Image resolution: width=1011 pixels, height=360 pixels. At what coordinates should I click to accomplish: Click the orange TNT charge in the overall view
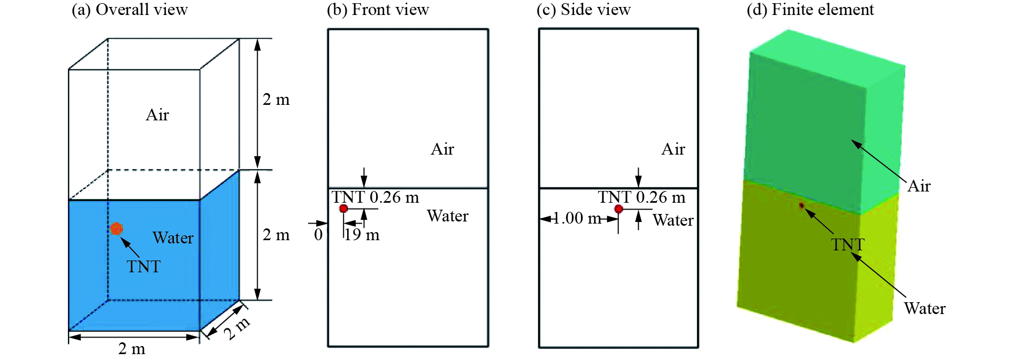pyautogui.click(x=117, y=229)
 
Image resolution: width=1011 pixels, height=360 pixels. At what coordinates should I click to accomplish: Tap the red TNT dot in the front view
pyautogui.click(x=343, y=209)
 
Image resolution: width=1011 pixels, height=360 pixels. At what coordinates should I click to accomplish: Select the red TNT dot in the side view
pyautogui.click(x=618, y=209)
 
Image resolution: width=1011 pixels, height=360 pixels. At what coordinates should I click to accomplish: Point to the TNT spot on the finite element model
pyautogui.click(x=801, y=205)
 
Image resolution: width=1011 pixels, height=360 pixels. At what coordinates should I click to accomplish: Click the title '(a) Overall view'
pyautogui.click(x=129, y=10)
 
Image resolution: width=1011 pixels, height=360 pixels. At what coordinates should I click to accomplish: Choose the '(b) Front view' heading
pyautogui.click(x=378, y=10)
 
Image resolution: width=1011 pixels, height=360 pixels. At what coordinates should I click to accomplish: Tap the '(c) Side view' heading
pyautogui.click(x=583, y=10)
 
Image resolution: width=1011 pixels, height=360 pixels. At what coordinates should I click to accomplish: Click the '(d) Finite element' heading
pyautogui.click(x=810, y=10)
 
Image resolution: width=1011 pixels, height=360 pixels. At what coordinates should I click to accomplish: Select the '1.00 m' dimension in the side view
pyautogui.click(x=577, y=218)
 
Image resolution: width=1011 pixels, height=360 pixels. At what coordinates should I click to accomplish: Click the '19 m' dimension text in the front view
pyautogui.click(x=362, y=235)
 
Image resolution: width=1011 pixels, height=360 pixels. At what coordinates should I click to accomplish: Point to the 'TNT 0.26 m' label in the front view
pyautogui.click(x=375, y=197)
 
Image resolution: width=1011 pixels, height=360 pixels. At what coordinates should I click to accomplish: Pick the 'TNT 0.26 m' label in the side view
pyautogui.click(x=641, y=197)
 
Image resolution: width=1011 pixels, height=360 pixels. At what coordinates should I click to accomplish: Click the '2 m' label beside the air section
pyautogui.click(x=276, y=99)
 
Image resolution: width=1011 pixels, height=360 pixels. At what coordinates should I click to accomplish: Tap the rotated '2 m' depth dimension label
pyautogui.click(x=236, y=328)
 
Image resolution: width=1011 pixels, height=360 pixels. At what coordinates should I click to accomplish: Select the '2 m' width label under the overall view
pyautogui.click(x=132, y=349)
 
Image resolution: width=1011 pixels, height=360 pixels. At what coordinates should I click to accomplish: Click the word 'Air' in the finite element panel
pyautogui.click(x=919, y=186)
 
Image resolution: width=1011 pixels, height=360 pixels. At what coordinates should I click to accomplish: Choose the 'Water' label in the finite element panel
pyautogui.click(x=924, y=309)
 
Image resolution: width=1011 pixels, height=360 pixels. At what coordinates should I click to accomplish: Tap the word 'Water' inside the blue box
pyautogui.click(x=173, y=238)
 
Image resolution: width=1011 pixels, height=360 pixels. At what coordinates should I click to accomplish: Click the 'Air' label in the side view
pyautogui.click(x=673, y=149)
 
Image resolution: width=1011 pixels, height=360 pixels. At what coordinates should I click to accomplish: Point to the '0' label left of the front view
pyautogui.click(x=318, y=235)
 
